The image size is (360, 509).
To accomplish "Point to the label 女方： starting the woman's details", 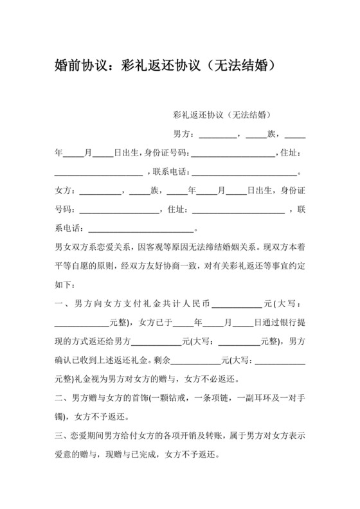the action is pos(66,191).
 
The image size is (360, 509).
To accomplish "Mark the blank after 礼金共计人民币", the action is pos(237,303).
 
